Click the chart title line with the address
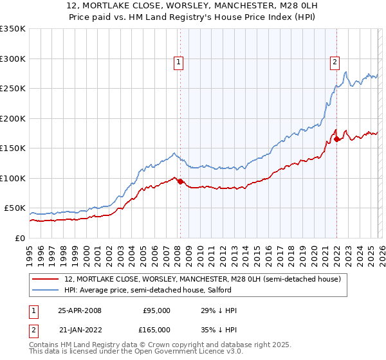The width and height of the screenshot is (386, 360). (x=192, y=6)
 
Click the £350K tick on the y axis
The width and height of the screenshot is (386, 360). (x=13, y=29)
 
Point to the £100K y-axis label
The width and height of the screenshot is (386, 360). (x=13, y=178)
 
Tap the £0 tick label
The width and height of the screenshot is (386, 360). (x=19, y=238)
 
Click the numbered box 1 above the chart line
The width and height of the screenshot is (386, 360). (x=178, y=62)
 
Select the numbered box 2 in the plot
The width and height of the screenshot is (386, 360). (x=335, y=62)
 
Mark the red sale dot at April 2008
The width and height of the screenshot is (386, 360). (x=180, y=181)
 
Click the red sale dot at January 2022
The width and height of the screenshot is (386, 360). (x=336, y=139)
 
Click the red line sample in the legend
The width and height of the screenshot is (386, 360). (x=46, y=279)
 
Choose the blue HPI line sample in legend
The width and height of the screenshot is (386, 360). (x=46, y=290)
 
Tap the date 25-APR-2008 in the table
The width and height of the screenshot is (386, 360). (x=79, y=310)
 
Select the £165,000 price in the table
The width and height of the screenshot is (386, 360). (x=156, y=329)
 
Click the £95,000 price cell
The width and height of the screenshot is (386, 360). (x=156, y=310)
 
